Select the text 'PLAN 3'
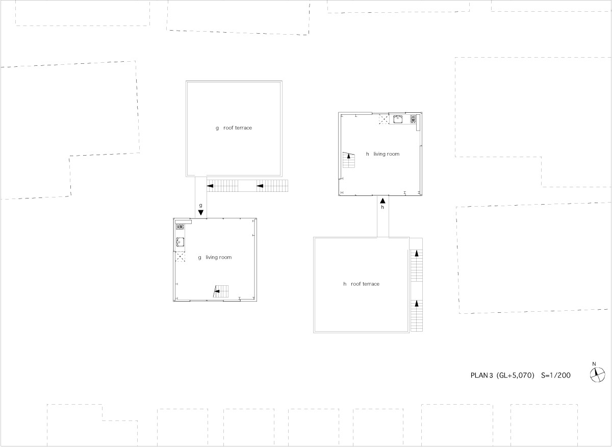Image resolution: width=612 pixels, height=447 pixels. (481, 376)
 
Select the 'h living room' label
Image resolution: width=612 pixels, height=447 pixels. (382, 154)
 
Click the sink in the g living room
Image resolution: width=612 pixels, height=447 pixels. (180, 242)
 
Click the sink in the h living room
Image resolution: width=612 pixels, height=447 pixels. (398, 120)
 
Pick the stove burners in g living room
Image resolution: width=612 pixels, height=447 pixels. (180, 227)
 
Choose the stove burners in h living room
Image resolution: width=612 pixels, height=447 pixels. (413, 120)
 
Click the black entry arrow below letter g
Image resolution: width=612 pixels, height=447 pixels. (201, 212)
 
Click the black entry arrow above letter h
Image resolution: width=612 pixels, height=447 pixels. (382, 201)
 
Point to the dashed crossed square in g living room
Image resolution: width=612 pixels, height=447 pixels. (180, 257)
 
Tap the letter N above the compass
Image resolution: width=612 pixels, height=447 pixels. (594, 364)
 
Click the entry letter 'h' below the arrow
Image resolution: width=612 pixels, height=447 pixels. (382, 208)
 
